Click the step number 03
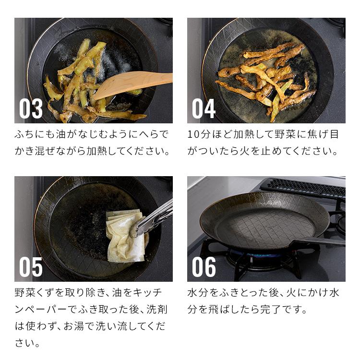[31, 108]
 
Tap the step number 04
[204, 108]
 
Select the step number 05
[31, 267]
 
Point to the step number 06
[204, 267]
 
